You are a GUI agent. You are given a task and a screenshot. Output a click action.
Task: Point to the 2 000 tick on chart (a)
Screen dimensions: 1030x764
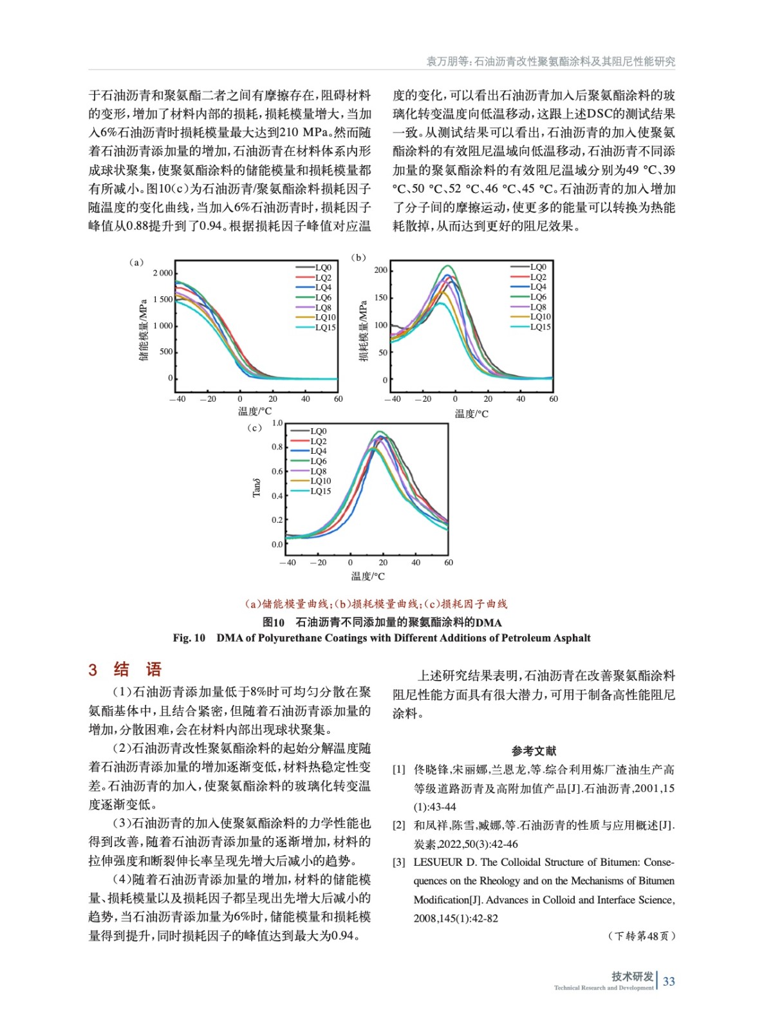click(x=163, y=273)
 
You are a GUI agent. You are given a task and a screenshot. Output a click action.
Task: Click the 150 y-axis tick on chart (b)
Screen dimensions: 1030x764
click(x=381, y=297)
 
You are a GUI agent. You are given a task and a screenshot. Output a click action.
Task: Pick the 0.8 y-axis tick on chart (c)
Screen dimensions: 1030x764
click(x=277, y=447)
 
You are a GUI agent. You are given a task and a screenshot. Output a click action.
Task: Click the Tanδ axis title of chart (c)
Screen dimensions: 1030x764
click(x=257, y=487)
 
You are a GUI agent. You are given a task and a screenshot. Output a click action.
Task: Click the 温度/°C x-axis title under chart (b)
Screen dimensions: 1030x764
click(x=471, y=414)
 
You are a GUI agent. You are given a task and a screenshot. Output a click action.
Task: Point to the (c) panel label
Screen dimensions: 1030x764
click(x=254, y=428)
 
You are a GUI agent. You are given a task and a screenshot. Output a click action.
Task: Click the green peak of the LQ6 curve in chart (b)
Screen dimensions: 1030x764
click(x=448, y=266)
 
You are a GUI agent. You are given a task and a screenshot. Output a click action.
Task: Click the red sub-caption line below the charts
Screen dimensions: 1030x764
click(x=376, y=604)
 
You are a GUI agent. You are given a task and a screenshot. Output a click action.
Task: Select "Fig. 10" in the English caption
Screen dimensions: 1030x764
click(x=189, y=638)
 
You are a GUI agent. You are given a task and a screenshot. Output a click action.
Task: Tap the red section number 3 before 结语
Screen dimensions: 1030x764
click(x=93, y=669)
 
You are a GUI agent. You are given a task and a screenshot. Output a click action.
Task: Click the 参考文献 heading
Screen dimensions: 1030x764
click(x=534, y=751)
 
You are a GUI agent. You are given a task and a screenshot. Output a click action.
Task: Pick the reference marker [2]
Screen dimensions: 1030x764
click(x=399, y=825)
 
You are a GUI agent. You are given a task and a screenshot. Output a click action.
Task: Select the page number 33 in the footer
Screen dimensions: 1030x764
click(x=669, y=981)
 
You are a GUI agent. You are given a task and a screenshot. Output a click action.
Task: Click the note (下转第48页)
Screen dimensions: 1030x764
click(x=641, y=936)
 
